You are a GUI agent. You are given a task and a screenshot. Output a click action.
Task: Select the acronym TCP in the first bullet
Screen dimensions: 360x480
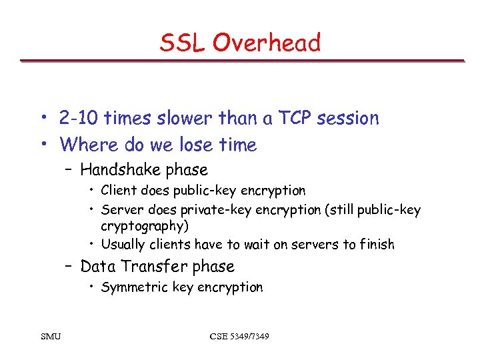(293, 119)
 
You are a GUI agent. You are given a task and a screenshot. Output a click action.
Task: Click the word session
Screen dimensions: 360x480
(347, 119)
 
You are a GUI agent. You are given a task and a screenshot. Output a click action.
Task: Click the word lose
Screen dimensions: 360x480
(194, 145)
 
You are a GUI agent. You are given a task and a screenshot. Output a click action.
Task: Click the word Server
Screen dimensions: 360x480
(121, 210)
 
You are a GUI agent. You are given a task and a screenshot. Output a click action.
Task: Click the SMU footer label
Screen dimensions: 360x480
(49, 336)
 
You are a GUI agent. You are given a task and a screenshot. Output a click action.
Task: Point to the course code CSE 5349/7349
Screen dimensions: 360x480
(239, 336)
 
